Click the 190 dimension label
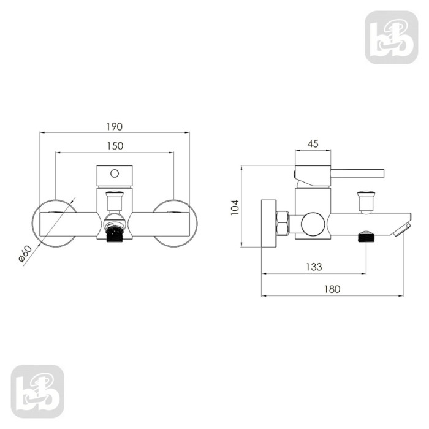coord(115,127)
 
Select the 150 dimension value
coord(115,146)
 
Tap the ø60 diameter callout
coord(25,253)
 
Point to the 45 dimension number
coord(313,144)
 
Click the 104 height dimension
coord(235,207)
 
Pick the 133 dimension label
coord(314,267)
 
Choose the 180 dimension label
coord(332,289)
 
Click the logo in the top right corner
coord(391,37)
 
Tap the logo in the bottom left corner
coord(37,391)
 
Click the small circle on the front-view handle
coord(115,173)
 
